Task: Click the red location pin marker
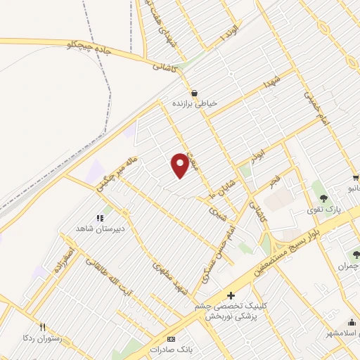pos(180,165)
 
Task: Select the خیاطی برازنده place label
pos(195,103)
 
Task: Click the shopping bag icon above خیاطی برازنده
pos(194,92)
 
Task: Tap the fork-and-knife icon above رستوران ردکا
pos(42,327)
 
